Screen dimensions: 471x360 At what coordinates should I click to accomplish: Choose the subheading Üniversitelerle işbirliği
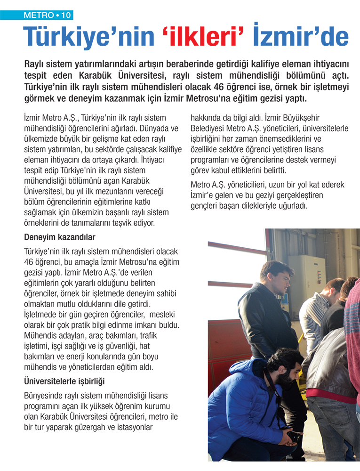click(x=67, y=380)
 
